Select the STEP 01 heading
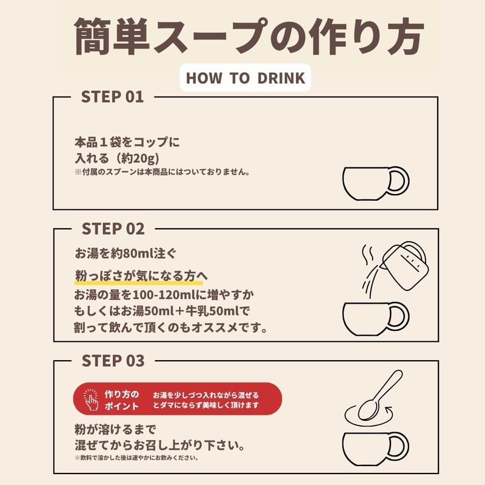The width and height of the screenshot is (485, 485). point(113,97)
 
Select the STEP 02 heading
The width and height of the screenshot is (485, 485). point(113,229)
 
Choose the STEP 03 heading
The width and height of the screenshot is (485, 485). point(113,361)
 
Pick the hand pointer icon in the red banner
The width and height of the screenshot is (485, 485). point(91,398)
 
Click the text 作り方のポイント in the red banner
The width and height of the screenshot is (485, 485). point(121,399)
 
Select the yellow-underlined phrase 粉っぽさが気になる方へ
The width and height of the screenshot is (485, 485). point(141,276)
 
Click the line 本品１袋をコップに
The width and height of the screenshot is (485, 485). point(127,143)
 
